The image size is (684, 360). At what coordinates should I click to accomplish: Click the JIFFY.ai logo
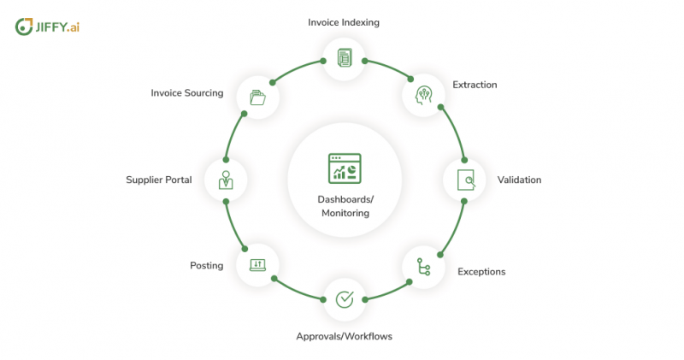[x=47, y=27]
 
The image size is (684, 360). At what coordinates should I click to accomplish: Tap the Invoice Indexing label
[x=344, y=22]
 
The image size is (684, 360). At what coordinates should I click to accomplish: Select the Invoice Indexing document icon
[x=345, y=57]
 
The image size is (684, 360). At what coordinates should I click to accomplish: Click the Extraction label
[x=475, y=85]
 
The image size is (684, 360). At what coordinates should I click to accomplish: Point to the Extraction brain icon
[x=423, y=95]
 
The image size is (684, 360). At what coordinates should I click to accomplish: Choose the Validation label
[x=519, y=180]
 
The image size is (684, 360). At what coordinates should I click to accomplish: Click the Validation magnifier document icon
[x=466, y=180]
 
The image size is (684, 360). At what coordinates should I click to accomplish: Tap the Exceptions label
[x=481, y=271]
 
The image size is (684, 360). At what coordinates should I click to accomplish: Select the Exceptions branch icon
[x=423, y=267]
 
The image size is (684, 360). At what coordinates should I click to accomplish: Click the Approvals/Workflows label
[x=345, y=336]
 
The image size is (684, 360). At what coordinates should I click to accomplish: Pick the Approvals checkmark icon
[x=345, y=299]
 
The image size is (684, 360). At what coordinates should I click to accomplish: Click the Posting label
[x=206, y=265]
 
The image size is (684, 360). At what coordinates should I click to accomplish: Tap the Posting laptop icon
[x=257, y=265]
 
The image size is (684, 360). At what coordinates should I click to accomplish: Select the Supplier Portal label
[x=159, y=180]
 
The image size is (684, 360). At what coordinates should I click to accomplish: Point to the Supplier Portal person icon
[x=226, y=180]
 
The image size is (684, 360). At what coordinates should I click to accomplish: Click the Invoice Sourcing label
[x=187, y=93]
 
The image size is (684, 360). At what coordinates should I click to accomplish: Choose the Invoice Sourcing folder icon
[x=257, y=97]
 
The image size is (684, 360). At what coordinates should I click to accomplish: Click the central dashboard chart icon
[x=345, y=168]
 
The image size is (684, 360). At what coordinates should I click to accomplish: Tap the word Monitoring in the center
[x=345, y=213]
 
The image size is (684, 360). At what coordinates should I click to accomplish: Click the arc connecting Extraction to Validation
[x=457, y=132]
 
